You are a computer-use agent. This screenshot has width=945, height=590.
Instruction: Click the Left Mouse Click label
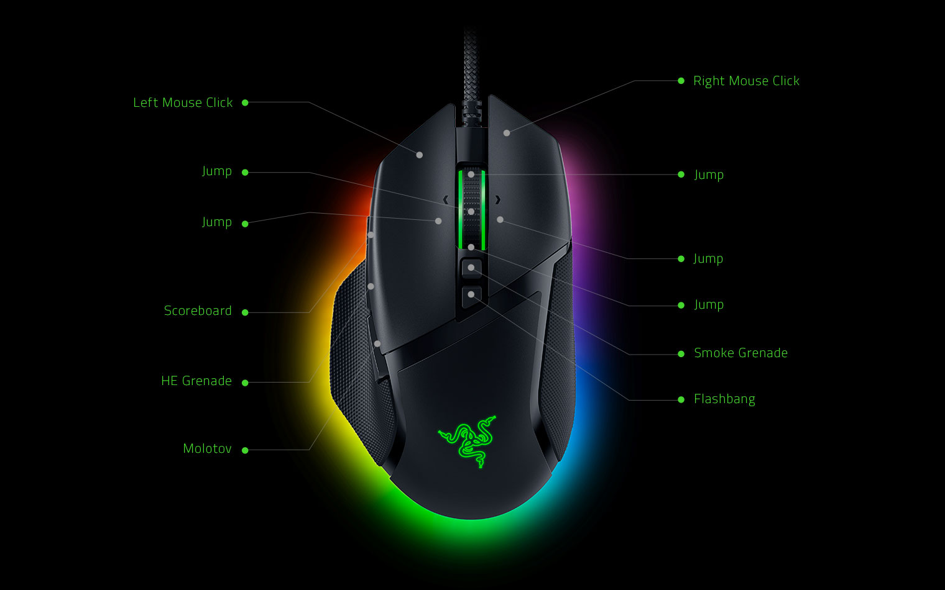coord(183,102)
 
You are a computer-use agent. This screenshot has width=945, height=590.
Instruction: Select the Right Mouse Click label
coord(746,81)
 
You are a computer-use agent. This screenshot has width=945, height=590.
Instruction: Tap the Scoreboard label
coord(198,311)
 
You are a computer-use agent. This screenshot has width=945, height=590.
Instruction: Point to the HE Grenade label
coord(196,381)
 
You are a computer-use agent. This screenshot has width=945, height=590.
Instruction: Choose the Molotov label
coord(207,448)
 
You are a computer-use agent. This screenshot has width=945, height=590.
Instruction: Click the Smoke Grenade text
coord(741,353)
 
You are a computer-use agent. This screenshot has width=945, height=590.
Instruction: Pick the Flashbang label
coord(724,399)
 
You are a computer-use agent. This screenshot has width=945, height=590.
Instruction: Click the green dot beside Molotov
coord(245,450)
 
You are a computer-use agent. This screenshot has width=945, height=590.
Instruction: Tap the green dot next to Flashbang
coord(681,399)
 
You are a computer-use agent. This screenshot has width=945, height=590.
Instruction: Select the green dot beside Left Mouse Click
coord(245,102)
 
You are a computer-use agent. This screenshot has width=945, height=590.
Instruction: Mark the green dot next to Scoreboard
coord(245,312)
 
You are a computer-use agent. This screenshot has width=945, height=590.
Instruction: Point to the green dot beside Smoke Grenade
coord(681,354)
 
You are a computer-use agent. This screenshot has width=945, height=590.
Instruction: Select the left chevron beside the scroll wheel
coord(446,200)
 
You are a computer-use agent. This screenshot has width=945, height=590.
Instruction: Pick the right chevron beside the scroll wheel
coord(498,200)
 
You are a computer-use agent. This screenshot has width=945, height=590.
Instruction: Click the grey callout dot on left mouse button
coord(419,155)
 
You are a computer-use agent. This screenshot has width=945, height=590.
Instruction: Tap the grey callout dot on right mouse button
coord(507,133)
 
